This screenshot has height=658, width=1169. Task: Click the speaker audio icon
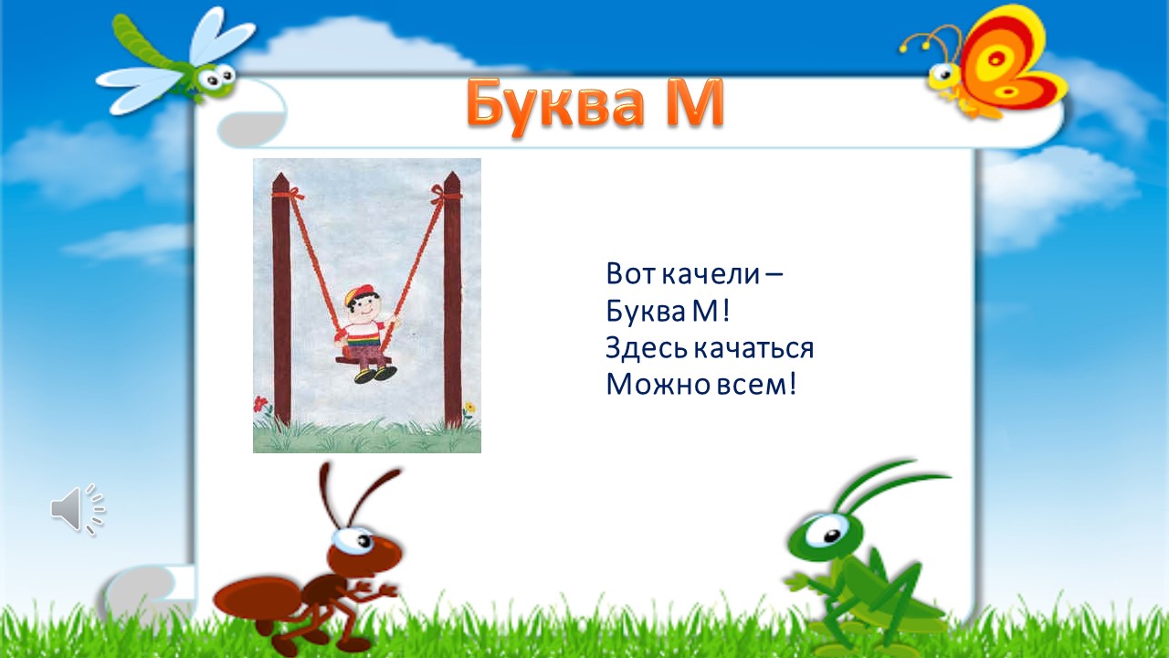[78, 509]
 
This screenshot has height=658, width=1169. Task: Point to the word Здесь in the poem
[648, 348]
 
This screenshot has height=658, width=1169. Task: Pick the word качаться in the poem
[754, 349]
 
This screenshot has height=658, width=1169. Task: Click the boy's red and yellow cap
[359, 293]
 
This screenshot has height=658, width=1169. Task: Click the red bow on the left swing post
[290, 196]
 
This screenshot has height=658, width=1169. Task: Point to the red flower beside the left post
[260, 404]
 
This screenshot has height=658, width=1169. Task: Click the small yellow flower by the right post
[469, 407]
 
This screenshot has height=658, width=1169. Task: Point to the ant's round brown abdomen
[257, 599]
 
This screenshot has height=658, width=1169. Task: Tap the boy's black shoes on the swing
[374, 375]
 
